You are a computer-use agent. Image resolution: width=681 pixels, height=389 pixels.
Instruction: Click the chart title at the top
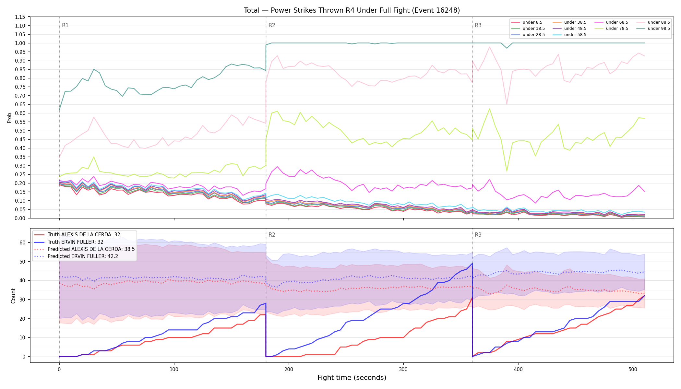(x=352, y=10)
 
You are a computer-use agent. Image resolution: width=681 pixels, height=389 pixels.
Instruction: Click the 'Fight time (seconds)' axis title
(x=352, y=378)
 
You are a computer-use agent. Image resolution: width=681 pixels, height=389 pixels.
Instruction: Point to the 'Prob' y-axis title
(x=9, y=118)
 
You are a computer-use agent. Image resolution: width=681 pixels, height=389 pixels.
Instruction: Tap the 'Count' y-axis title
(x=13, y=296)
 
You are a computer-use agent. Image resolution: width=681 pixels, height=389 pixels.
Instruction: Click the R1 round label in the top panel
(x=65, y=25)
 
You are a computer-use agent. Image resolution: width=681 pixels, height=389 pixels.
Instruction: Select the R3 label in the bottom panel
(x=478, y=235)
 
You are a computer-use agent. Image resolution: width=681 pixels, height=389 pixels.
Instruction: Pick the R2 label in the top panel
(x=272, y=25)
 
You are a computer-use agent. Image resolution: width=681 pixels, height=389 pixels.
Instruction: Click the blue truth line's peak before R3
(x=472, y=263)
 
